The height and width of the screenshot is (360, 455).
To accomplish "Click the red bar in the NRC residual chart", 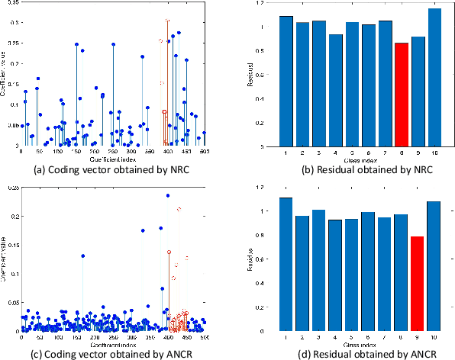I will click(x=401, y=95).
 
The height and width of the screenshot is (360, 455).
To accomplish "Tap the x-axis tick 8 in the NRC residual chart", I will click(x=401, y=153).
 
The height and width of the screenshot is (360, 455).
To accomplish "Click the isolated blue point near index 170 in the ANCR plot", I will click(x=83, y=256).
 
